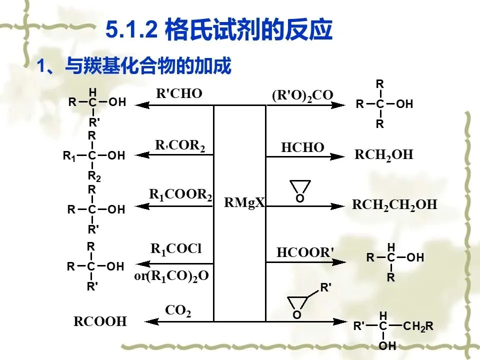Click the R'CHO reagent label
pyautogui.click(x=179, y=93)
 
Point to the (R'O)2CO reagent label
pyautogui.click(x=302, y=95)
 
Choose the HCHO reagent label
pyautogui.click(x=302, y=147)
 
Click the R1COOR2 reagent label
pyautogui.click(x=180, y=194)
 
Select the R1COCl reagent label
pyautogui.click(x=176, y=248)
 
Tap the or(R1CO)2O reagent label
pyautogui.click(x=171, y=275)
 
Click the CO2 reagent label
pyautogui.click(x=178, y=311)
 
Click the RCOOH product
pyautogui.click(x=100, y=321)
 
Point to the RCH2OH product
pyautogui.click(x=384, y=154)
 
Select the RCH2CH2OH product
pyautogui.click(x=394, y=204)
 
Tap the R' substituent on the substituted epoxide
pyautogui.click(x=325, y=287)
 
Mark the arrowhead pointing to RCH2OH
pyautogui.click(x=338, y=156)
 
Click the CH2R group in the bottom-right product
pyautogui.click(x=418, y=327)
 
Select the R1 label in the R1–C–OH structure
pyautogui.click(x=69, y=156)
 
